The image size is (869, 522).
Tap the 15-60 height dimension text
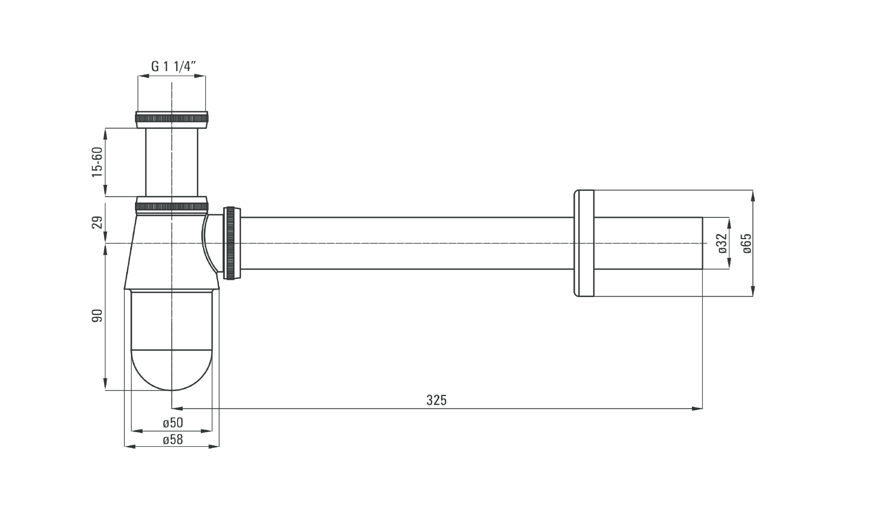[97, 162]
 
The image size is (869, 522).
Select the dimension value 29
[97, 222]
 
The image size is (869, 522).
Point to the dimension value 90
[97, 315]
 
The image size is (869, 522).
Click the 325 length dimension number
[436, 400]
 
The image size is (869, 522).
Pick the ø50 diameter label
[172, 422]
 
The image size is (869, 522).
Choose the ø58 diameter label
[172, 439]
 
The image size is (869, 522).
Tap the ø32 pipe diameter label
[721, 243]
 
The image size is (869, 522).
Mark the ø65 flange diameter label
[747, 244]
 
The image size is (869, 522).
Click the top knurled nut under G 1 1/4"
[171, 120]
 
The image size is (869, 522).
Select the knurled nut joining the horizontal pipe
[232, 243]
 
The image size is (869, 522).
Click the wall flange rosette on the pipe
[584, 243]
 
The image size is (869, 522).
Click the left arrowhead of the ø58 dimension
[130, 447]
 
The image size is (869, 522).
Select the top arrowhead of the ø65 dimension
[753, 196]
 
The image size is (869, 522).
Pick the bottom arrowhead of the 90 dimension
[105, 384]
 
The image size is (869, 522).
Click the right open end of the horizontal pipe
[702, 243]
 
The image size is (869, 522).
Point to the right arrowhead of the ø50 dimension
[207, 431]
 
